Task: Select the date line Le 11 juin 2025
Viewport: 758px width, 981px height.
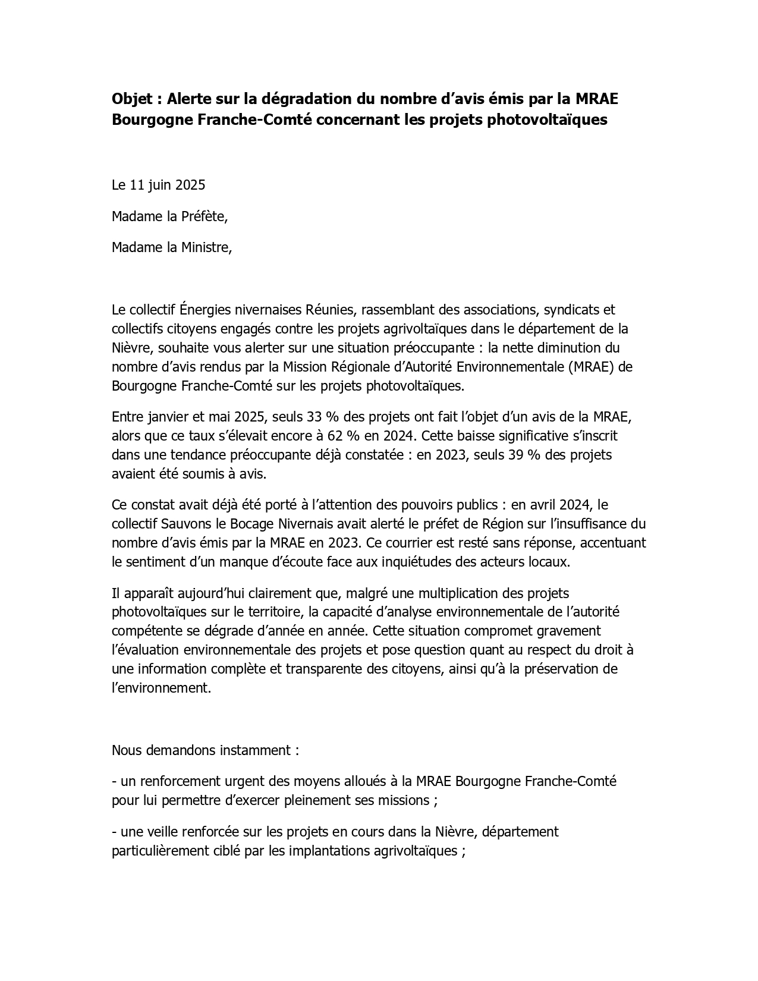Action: (158, 185)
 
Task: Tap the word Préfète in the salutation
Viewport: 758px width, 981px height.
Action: (204, 216)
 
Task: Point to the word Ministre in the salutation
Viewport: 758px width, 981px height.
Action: (206, 247)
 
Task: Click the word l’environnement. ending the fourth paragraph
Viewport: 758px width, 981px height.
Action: (161, 688)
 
